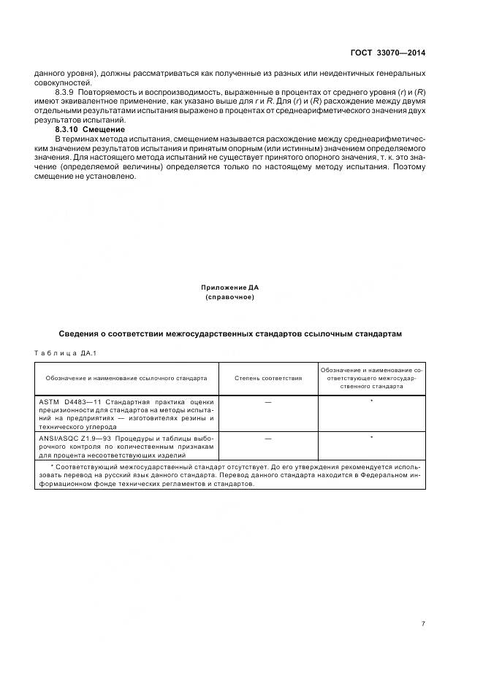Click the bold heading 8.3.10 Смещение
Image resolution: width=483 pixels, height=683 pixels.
point(90,129)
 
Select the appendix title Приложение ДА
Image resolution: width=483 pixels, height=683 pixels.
point(231,288)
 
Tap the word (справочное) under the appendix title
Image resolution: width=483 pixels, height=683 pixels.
point(231,297)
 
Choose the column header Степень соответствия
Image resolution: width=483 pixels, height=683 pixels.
point(268,378)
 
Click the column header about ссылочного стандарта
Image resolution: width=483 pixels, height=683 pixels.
point(126,378)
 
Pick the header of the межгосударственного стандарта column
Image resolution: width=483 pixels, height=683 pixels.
point(371,378)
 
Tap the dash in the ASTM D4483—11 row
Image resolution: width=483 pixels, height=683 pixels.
point(268,401)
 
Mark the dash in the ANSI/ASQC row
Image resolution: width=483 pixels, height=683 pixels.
point(268,438)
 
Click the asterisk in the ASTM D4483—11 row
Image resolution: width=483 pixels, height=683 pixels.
point(371,401)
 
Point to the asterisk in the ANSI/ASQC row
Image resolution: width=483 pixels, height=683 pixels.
point(371,438)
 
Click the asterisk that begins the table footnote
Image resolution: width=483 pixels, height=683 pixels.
point(51,466)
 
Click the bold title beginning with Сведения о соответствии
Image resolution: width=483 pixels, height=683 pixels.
point(231,333)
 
